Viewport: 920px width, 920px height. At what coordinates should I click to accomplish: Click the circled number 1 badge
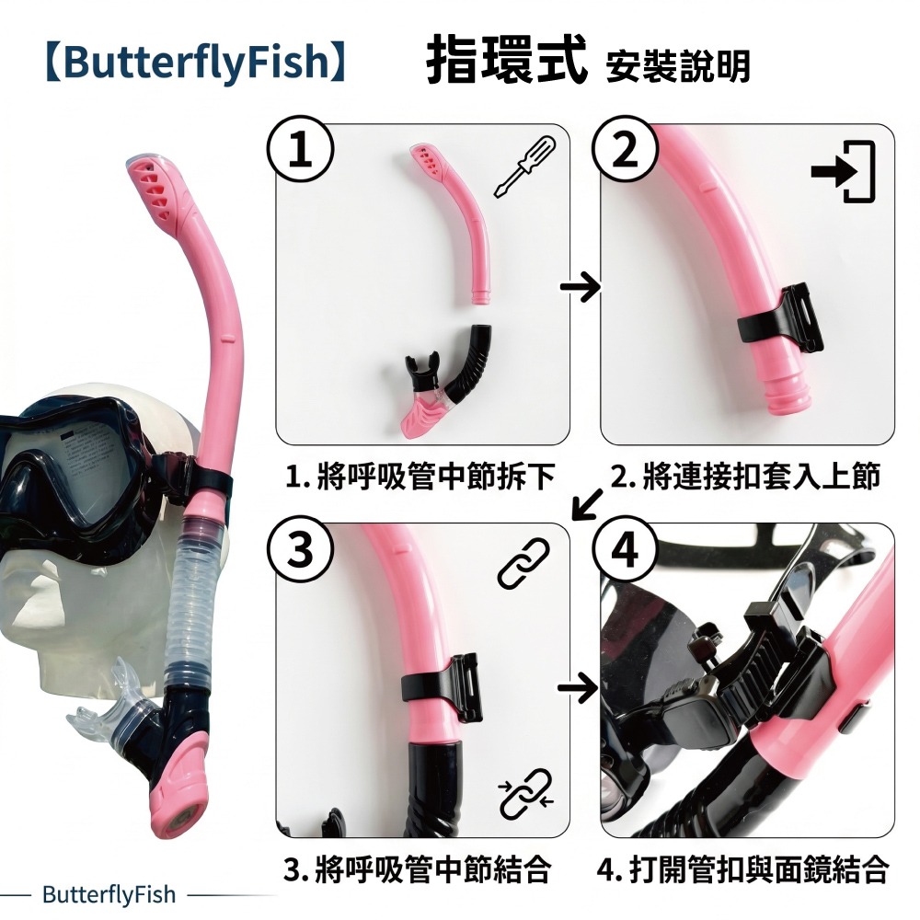pyautogui.click(x=301, y=150)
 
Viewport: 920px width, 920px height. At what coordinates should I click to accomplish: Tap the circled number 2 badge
pyautogui.click(x=626, y=149)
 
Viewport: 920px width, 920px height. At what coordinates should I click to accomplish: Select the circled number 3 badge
pyautogui.click(x=301, y=550)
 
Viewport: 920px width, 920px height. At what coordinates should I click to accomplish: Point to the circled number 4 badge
pyautogui.click(x=626, y=550)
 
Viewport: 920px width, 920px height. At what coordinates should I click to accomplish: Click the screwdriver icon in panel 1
pyautogui.click(x=524, y=167)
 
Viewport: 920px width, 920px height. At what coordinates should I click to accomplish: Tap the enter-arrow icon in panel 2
pyautogui.click(x=843, y=171)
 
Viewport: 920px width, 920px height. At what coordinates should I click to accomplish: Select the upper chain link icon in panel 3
pyautogui.click(x=523, y=564)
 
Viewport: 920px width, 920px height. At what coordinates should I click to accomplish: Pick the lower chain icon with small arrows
pyautogui.click(x=525, y=793)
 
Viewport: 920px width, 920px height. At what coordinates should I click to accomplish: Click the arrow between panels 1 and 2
pyautogui.click(x=581, y=287)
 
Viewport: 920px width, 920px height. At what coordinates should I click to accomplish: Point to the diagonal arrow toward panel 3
pyautogui.click(x=587, y=504)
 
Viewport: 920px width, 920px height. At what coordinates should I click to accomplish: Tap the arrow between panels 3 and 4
pyautogui.click(x=578, y=686)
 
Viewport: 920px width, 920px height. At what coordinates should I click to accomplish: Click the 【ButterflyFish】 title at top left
pyautogui.click(x=195, y=63)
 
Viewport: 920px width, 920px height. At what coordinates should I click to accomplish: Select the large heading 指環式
pyautogui.click(x=506, y=60)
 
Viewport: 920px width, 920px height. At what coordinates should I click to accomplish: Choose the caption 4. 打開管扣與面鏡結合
pyautogui.click(x=743, y=869)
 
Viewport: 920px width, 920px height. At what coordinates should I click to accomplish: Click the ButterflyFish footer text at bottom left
pyautogui.click(x=109, y=895)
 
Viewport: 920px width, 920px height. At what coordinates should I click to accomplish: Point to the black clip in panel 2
pyautogui.click(x=781, y=320)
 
